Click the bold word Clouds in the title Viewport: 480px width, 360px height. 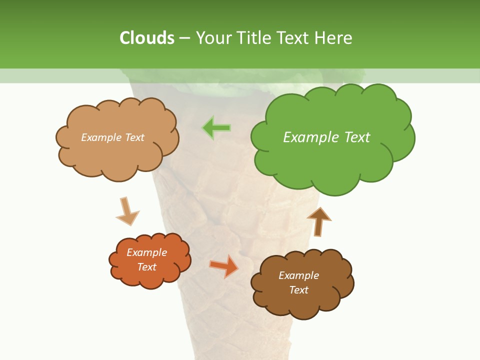tap(146, 38)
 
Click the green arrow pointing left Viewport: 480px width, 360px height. tap(217, 128)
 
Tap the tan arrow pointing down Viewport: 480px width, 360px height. tap(127, 211)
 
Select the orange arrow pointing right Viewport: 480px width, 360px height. tap(224, 266)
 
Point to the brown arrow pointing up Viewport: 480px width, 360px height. tap(319, 221)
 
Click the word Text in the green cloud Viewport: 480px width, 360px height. tap(357, 137)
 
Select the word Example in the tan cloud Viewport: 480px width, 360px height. tap(101, 137)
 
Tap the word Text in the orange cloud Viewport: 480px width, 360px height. tap(146, 267)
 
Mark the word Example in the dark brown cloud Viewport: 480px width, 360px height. tap(298, 275)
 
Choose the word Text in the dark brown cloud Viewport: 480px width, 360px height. tap(298, 290)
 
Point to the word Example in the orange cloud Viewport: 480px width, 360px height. tap(146, 252)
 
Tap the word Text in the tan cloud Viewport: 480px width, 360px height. tap(134, 137)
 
